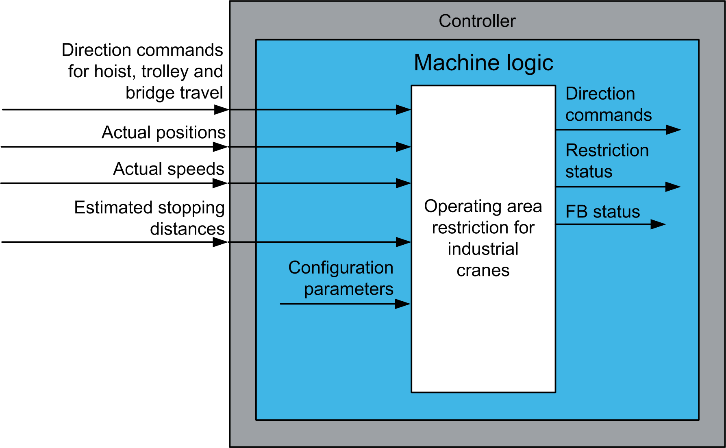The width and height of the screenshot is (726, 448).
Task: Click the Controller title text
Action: tap(477, 21)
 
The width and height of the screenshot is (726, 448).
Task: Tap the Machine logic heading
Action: tap(483, 63)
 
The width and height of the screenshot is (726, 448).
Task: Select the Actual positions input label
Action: tap(163, 133)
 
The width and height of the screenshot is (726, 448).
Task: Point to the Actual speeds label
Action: tap(168, 169)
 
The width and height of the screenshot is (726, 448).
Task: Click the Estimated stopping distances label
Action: tap(149, 218)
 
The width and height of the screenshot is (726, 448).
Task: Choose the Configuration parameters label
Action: tap(341, 278)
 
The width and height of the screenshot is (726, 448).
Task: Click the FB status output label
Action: tap(602, 212)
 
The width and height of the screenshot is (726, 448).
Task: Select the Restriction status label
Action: tap(607, 161)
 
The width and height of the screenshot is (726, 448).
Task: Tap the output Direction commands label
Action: tap(608, 104)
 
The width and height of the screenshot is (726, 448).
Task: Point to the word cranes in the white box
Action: tap(483, 270)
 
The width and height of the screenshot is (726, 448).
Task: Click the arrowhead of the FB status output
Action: tap(658, 224)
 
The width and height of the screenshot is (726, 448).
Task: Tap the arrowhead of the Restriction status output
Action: tap(673, 187)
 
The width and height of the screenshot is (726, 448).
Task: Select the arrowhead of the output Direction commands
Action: tap(673, 130)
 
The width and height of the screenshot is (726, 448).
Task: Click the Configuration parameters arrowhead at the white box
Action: tap(402, 304)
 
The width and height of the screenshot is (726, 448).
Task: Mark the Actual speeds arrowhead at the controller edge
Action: tap(221, 183)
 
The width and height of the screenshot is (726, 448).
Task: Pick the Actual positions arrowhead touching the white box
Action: tap(403, 147)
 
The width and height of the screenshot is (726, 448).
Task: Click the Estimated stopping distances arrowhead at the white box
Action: tap(403, 242)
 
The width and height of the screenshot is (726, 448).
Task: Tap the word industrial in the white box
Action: tap(483, 249)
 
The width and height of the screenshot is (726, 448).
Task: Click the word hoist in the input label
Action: tap(113, 72)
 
